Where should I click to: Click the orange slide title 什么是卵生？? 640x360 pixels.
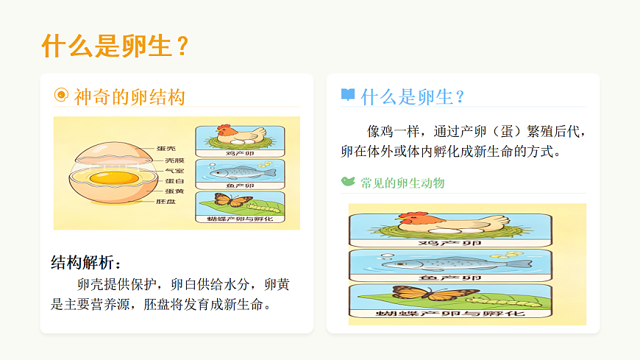tap(117, 46)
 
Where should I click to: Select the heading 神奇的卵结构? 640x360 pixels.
tap(129, 96)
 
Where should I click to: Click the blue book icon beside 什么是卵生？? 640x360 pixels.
tap(348, 95)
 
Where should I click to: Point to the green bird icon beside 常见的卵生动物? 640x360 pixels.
tap(348, 181)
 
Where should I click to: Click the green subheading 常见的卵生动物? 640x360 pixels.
tap(402, 183)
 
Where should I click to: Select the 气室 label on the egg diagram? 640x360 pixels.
tap(175, 170)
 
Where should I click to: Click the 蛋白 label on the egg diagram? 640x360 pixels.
tap(175, 180)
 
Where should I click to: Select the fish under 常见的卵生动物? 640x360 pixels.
tap(434, 263)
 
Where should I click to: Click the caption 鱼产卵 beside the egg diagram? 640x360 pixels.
tap(240, 186)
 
